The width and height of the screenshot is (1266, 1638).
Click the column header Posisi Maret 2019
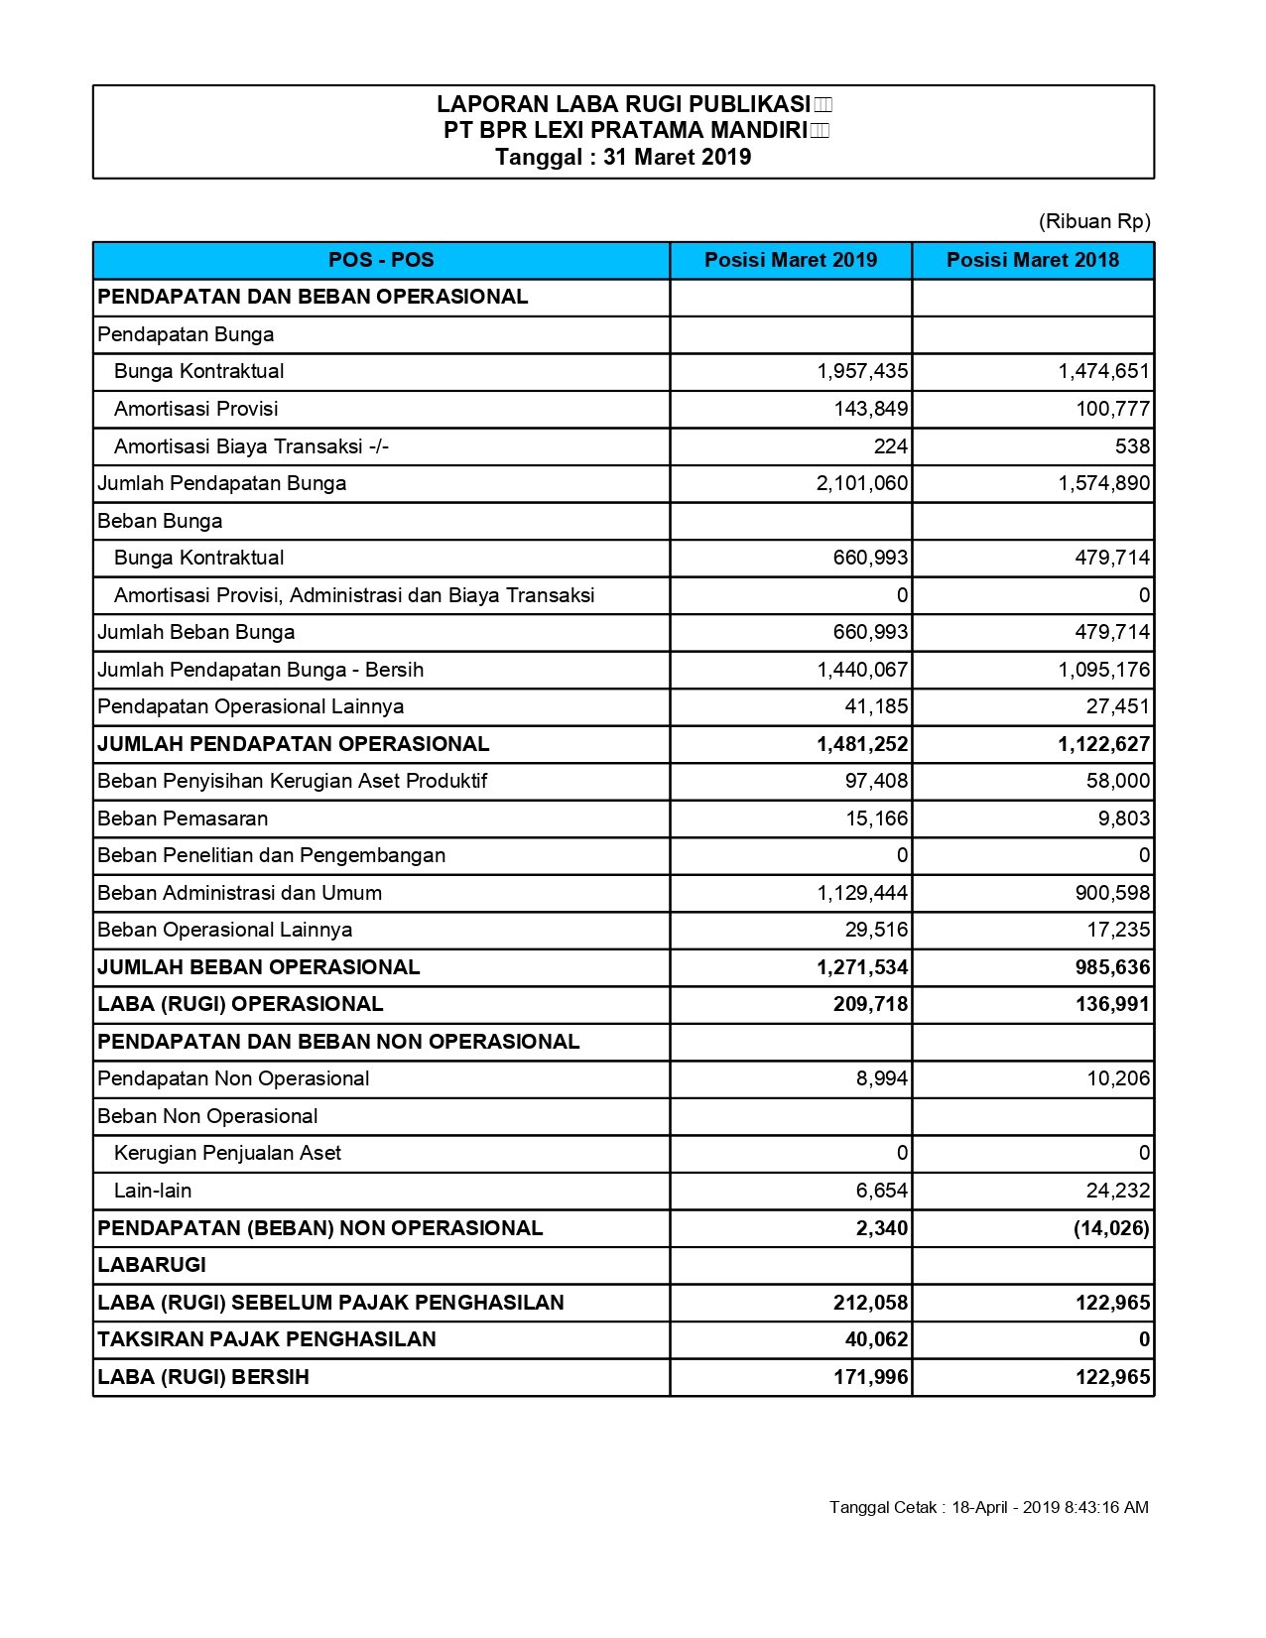pyautogui.click(x=791, y=260)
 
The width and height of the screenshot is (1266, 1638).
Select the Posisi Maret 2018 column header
pyautogui.click(x=1032, y=260)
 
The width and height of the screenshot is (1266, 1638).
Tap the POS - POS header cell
pyautogui.click(x=381, y=260)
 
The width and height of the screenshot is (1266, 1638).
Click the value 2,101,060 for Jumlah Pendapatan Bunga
pyautogui.click(x=862, y=483)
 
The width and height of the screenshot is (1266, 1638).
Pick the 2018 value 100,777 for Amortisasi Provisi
pyautogui.click(x=1113, y=409)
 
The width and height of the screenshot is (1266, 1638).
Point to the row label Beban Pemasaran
pyautogui.click(x=183, y=819)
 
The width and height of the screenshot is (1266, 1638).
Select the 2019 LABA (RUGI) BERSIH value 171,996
pyautogui.click(x=870, y=1377)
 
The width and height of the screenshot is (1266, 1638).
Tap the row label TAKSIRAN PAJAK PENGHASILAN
pyautogui.click(x=267, y=1339)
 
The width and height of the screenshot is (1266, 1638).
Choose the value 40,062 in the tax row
pyautogui.click(x=876, y=1339)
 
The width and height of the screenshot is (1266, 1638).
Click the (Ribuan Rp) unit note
pyautogui.click(x=1094, y=221)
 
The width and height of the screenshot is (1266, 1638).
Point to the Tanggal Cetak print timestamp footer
pyautogui.click(x=988, y=1507)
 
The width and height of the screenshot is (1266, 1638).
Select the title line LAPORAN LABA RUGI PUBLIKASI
pyautogui.click(x=623, y=104)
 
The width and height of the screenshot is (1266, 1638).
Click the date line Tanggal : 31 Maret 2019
pyautogui.click(x=623, y=157)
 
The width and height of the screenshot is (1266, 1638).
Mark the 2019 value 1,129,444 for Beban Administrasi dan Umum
pyautogui.click(x=862, y=893)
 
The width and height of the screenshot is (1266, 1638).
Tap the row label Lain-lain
pyautogui.click(x=153, y=1191)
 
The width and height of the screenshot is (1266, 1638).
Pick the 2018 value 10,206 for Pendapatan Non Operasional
pyautogui.click(x=1118, y=1078)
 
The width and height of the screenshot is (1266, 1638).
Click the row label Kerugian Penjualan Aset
pyautogui.click(x=227, y=1153)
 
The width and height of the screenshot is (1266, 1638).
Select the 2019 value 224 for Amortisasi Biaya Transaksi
pyautogui.click(x=890, y=446)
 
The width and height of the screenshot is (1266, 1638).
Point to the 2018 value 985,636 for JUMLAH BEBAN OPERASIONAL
pyautogui.click(x=1112, y=967)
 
